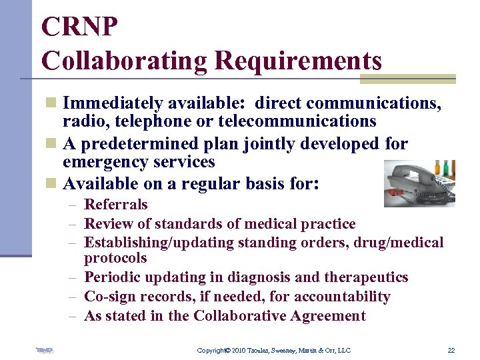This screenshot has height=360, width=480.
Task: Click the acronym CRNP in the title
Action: (80, 27)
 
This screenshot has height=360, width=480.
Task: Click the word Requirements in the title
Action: (298, 61)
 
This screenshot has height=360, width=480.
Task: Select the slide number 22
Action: (451, 351)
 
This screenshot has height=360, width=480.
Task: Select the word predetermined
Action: (139, 144)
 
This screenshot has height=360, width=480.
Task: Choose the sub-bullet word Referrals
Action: (115, 205)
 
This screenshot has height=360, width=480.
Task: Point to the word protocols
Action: (115, 258)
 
